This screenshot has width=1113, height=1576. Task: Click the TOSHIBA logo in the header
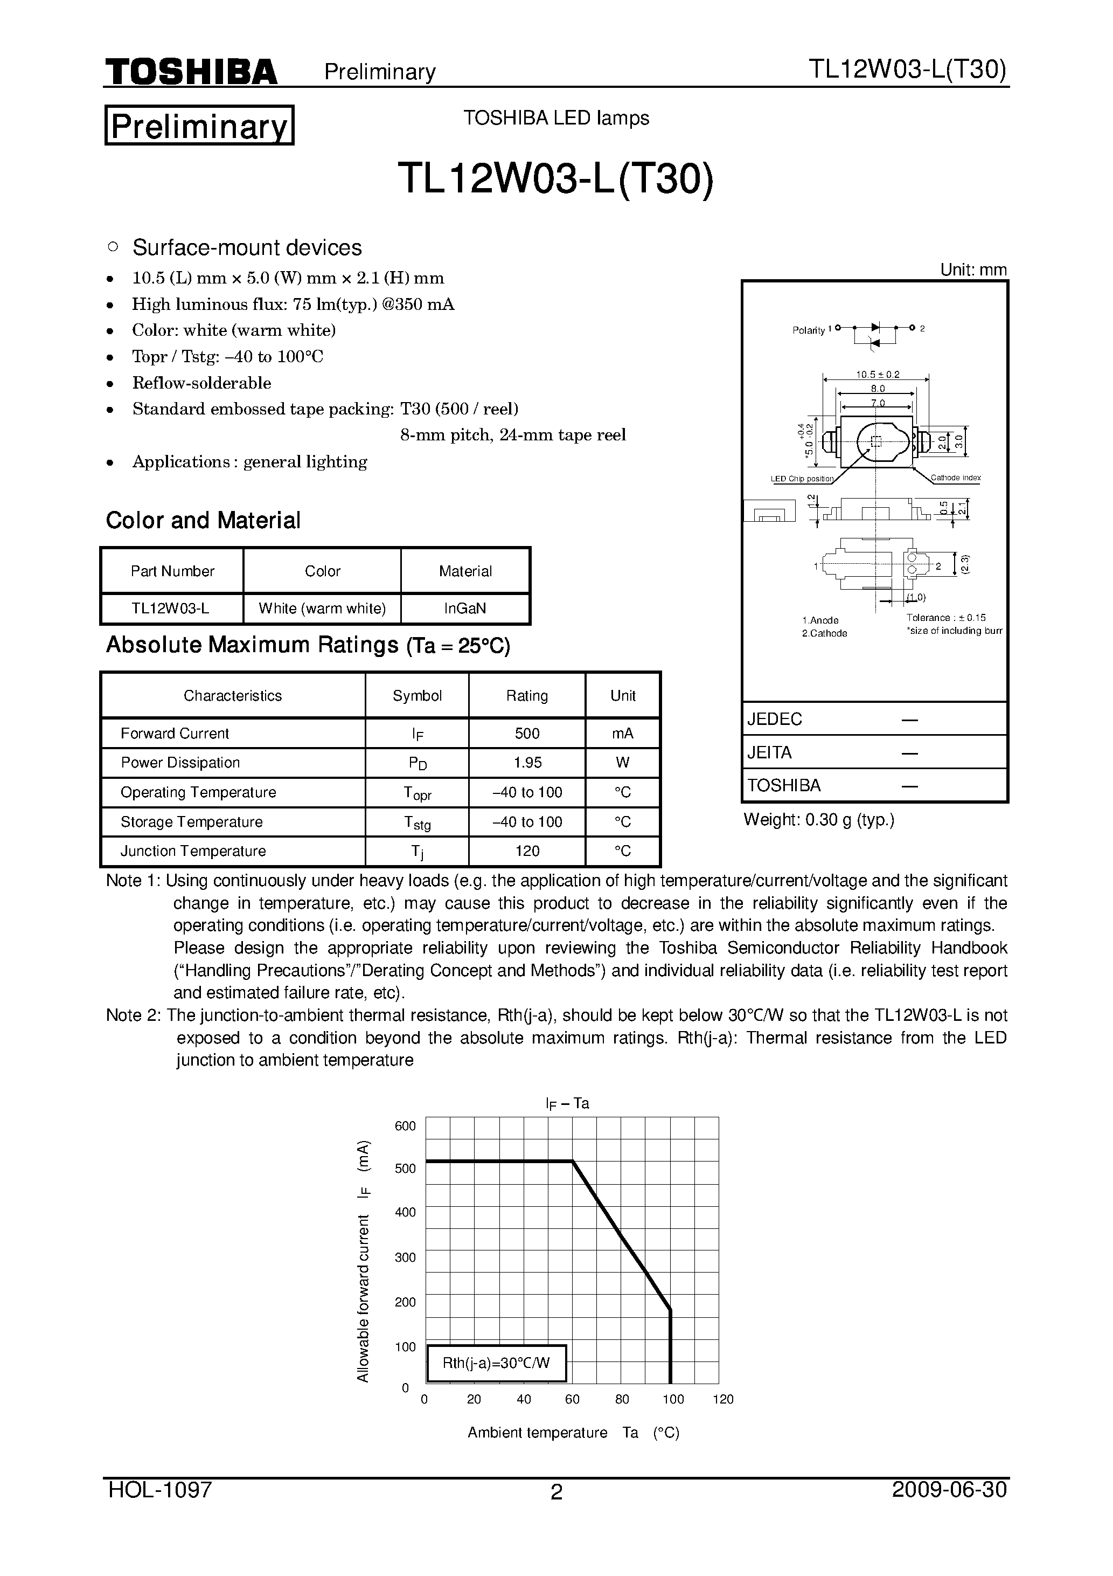point(191,71)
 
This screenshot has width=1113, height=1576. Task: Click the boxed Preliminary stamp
point(199,126)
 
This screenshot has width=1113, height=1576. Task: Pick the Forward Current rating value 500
point(526,733)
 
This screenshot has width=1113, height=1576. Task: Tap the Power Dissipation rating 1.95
point(526,763)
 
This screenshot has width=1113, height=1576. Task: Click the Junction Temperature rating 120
point(526,851)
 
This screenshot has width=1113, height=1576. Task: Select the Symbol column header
point(416,695)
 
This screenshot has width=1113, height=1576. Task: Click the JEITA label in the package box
point(769,752)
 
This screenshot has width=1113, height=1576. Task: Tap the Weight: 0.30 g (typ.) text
point(819,820)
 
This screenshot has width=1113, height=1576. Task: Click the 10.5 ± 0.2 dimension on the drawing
point(877,375)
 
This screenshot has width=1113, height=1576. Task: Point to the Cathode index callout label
point(955,478)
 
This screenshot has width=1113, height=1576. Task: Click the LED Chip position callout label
point(802,479)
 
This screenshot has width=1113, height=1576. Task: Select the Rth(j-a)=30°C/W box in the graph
point(496,1363)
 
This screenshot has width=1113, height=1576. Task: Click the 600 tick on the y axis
point(405,1126)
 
